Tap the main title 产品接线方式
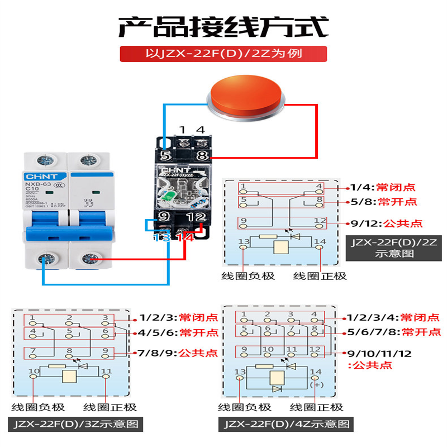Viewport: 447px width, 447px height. [223, 26]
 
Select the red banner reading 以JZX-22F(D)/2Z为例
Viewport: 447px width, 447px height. [223, 54]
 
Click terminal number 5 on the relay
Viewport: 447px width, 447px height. [165, 156]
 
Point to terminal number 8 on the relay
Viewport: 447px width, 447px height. [202, 156]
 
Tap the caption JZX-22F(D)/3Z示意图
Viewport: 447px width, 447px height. [75, 424]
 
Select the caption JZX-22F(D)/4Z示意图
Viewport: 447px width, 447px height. [287, 424]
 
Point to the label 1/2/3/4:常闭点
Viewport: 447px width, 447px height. [391, 317]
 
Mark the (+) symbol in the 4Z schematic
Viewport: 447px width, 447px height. [317, 385]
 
